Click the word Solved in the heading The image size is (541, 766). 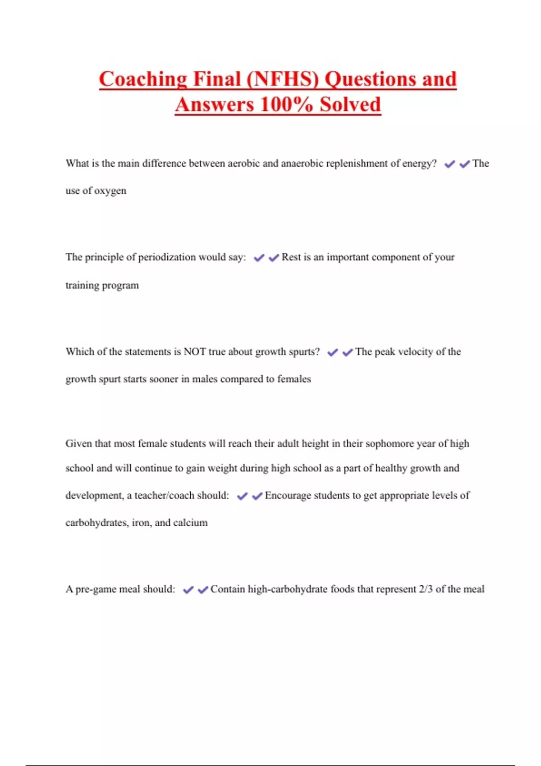pos(350,105)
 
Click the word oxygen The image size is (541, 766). pos(110,191)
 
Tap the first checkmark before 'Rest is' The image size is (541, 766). pos(259,258)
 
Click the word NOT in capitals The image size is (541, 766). pos(195,352)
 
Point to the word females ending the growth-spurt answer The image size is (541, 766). pos(294,379)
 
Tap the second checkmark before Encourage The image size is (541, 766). pos(257,497)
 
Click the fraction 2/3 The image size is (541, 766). pos(426,589)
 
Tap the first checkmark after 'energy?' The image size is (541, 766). pos(449,164)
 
